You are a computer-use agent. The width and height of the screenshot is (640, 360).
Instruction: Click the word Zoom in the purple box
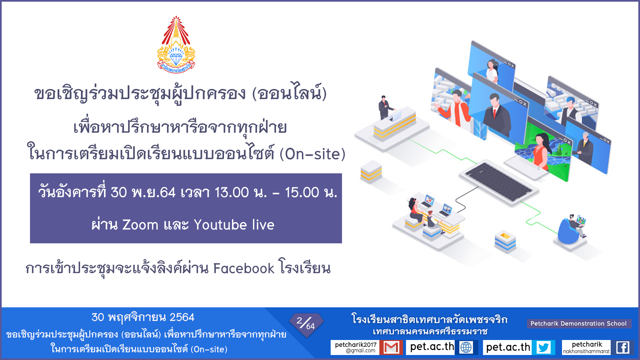[140, 225]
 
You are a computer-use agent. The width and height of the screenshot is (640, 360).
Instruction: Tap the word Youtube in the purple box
[221, 225]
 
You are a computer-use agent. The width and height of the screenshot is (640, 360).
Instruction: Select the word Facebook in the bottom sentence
[244, 268]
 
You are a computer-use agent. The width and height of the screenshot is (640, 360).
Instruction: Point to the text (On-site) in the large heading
[312, 154]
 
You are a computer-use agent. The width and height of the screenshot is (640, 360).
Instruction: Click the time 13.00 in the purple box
[232, 193]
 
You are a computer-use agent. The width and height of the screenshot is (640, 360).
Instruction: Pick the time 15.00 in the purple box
[302, 193]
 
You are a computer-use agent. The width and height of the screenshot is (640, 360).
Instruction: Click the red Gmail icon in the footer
[391, 347]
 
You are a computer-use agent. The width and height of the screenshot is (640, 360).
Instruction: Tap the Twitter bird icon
[544, 347]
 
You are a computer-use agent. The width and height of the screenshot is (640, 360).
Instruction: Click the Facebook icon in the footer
[623, 347]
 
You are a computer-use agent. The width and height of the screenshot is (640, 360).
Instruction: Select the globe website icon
[466, 347]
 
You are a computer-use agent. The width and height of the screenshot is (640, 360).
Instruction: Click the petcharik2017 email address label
[355, 347]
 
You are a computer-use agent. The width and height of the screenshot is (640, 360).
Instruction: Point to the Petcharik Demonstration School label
[579, 323]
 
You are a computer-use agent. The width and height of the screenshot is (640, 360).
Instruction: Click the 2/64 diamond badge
[306, 325]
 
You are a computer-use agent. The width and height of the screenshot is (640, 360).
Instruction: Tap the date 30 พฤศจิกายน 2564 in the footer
[143, 317]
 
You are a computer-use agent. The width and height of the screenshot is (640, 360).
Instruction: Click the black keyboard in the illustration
[498, 182]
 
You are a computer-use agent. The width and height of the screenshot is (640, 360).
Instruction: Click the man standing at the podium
[385, 107]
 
